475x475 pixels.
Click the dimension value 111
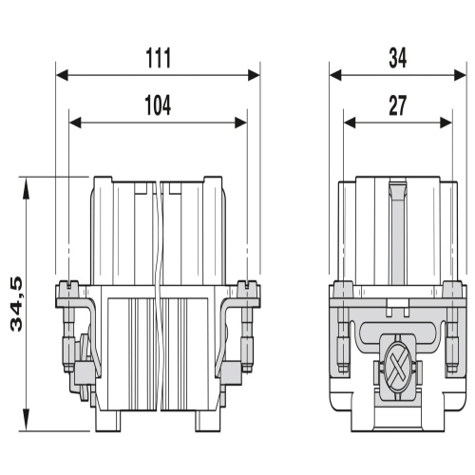pos(159,58)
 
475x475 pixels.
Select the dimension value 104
pos(158,105)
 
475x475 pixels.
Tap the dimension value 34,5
pos(16,304)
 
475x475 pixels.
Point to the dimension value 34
pos(398,58)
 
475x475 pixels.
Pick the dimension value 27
pos(398,105)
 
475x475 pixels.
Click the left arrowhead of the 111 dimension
pos(62,75)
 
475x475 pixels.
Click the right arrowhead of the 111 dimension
pos(254,75)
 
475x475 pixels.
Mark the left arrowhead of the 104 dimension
pos(75,123)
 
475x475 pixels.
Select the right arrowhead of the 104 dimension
pos(240,123)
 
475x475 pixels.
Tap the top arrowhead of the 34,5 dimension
pos(27,188)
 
